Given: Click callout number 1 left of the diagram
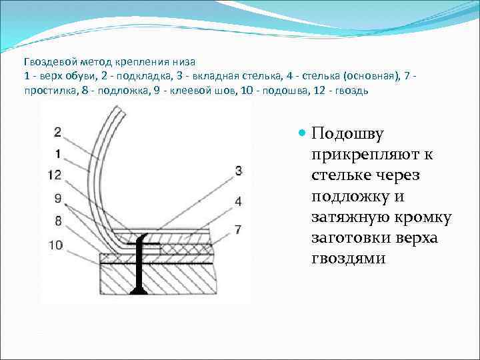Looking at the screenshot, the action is [57, 153].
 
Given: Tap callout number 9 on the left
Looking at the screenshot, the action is [57, 198].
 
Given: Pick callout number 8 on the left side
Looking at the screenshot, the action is [57, 221].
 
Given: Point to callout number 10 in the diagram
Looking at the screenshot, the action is [55, 245].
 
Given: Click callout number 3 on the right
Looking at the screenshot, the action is [238, 171].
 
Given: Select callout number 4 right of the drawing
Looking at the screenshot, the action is [238, 201].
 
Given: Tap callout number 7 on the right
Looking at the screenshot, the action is [238, 229].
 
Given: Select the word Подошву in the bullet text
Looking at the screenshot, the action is [347, 134].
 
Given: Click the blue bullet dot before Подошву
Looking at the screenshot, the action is [302, 134].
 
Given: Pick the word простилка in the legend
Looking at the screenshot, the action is [47, 89].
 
